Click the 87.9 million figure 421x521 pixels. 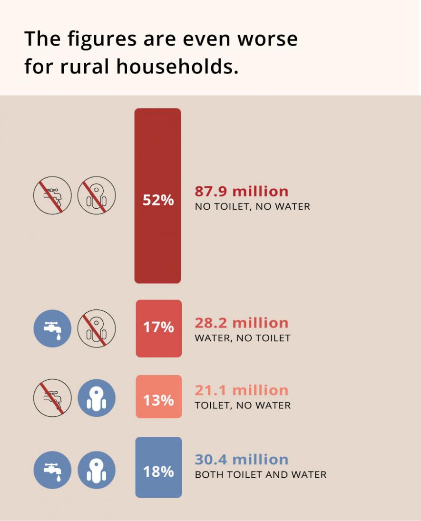(x=242, y=192)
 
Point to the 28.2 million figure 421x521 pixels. (x=242, y=323)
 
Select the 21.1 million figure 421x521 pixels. (x=242, y=390)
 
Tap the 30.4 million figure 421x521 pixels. (x=242, y=460)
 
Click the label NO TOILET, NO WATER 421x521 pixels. (x=253, y=207)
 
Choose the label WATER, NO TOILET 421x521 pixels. (x=243, y=338)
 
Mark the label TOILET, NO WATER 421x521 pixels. (x=243, y=405)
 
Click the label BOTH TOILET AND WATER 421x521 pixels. (x=261, y=474)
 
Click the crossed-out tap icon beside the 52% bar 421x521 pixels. (x=52, y=195)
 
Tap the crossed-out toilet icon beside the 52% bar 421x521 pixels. (x=97, y=195)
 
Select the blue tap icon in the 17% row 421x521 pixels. (x=52, y=328)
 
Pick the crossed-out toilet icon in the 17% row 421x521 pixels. (x=97, y=328)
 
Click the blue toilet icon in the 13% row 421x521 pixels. (x=97, y=398)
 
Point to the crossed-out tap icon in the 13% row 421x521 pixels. (x=52, y=398)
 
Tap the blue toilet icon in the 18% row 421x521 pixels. (x=97, y=470)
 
